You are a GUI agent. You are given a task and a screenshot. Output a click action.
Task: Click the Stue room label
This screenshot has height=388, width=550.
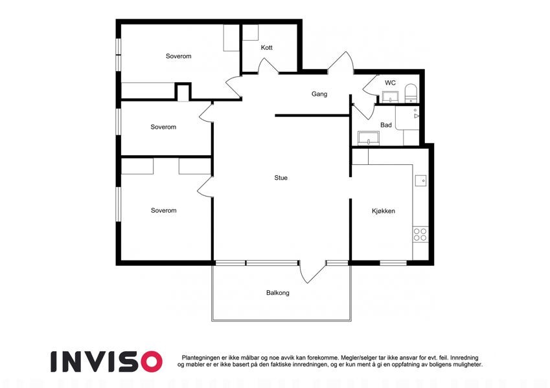point(281,178)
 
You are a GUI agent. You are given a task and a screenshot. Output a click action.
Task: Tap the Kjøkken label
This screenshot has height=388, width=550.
point(384,211)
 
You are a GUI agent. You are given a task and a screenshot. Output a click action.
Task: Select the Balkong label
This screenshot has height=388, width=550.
point(278,293)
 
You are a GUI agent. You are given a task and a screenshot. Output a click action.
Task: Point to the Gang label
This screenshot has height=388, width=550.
point(319,94)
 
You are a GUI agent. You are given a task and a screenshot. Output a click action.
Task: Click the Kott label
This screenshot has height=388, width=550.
point(267,47)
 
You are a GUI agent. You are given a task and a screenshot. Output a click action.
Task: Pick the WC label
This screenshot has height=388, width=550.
point(390,83)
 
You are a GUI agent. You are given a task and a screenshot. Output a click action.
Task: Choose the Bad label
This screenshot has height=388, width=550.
point(386,125)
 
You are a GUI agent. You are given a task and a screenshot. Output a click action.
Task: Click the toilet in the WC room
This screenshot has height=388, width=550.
point(411,93)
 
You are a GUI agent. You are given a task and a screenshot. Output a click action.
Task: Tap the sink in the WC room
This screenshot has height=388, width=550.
point(390,96)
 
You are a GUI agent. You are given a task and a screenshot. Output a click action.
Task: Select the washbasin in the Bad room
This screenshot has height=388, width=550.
point(369,138)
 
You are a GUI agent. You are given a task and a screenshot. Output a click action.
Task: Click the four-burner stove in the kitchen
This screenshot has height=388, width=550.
point(420,234)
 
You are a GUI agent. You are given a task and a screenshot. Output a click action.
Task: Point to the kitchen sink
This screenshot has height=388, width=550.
point(421,180)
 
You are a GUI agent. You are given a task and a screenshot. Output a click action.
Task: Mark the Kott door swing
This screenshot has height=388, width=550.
point(268,66)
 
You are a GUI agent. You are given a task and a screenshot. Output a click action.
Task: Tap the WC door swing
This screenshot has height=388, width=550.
point(370,85)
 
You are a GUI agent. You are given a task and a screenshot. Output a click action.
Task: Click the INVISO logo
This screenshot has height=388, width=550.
point(107,361)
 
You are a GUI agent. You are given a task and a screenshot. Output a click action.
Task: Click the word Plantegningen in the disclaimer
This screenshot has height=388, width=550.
point(201,358)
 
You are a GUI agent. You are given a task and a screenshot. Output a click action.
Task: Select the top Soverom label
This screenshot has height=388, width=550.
point(179,56)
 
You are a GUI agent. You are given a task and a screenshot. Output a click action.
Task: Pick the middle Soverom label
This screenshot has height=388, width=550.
point(163,127)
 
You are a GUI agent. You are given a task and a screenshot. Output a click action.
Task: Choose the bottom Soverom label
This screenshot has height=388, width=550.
point(163,210)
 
